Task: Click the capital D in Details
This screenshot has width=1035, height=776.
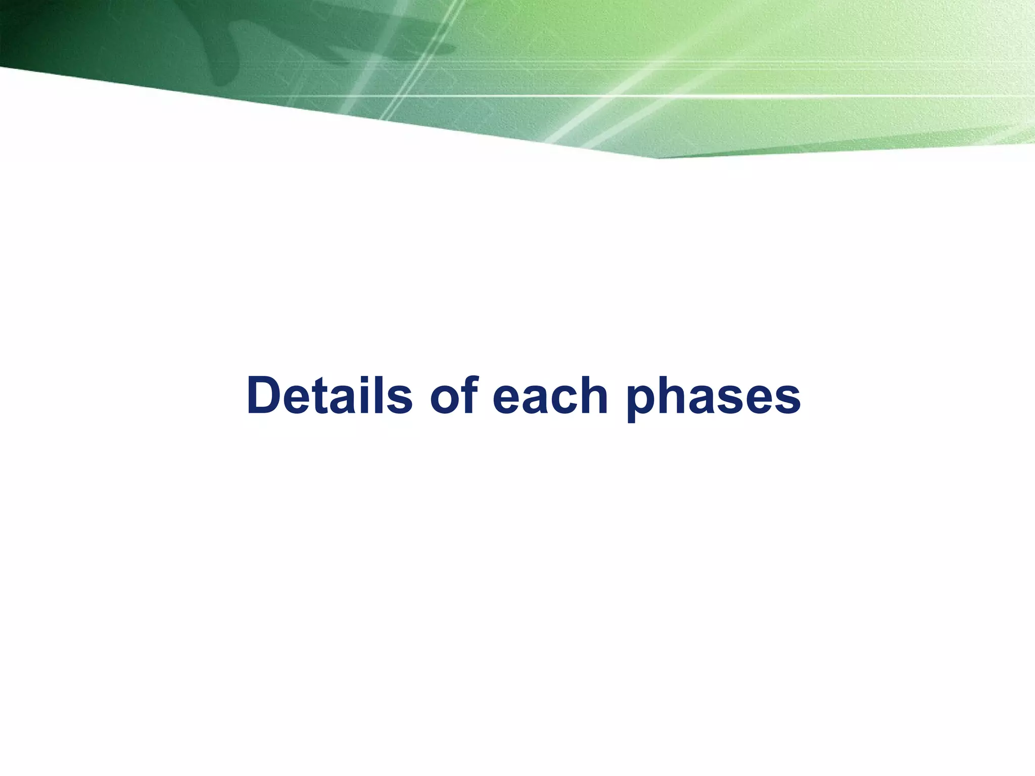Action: pyautogui.click(x=266, y=396)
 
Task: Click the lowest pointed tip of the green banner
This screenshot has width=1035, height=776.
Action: pyautogui.click(x=657, y=158)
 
